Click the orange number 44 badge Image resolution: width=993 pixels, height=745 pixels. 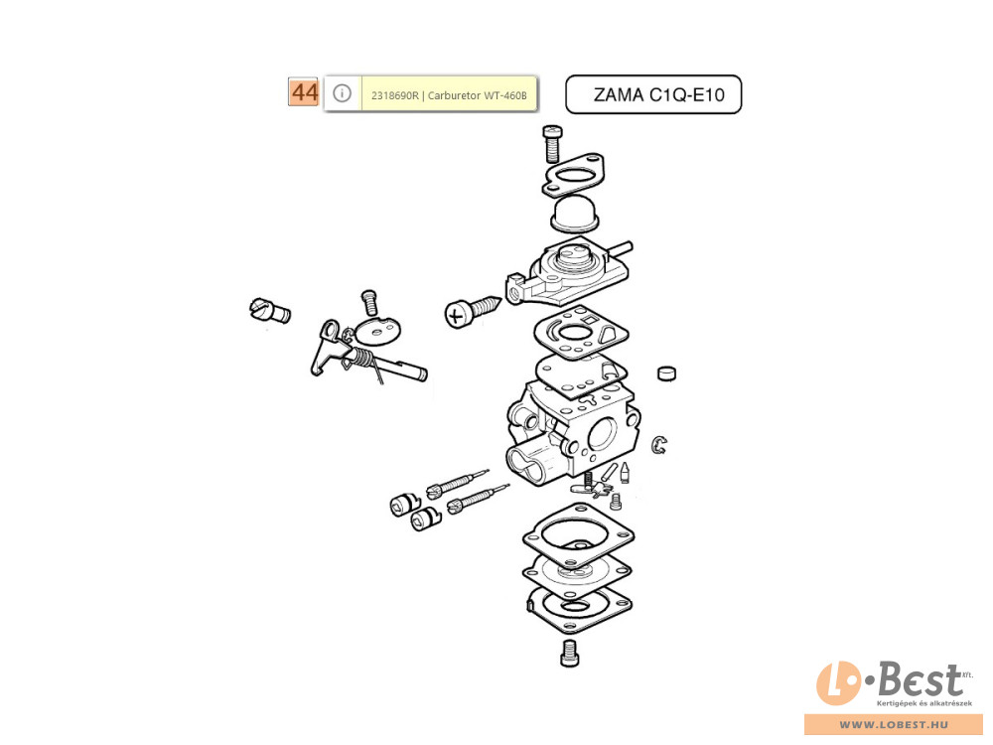point(303,92)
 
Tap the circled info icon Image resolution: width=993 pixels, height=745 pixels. point(342,93)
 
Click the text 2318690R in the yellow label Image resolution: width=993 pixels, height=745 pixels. point(394,95)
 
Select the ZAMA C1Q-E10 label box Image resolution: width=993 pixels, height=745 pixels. point(653,94)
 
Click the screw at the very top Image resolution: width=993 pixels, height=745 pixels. point(553,143)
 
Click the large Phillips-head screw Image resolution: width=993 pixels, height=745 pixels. point(473,310)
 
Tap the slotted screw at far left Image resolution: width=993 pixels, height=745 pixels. point(270,310)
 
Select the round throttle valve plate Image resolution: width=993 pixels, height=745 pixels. point(378,330)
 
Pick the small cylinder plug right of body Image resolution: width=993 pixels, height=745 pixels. point(666,373)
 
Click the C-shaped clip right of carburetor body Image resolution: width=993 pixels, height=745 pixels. point(659,444)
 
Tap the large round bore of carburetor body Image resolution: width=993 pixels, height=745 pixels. point(602,434)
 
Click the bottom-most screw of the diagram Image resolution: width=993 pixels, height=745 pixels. point(570,653)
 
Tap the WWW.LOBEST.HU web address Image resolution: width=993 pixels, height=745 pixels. point(894,725)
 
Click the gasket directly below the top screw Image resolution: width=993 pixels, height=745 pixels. point(573,174)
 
